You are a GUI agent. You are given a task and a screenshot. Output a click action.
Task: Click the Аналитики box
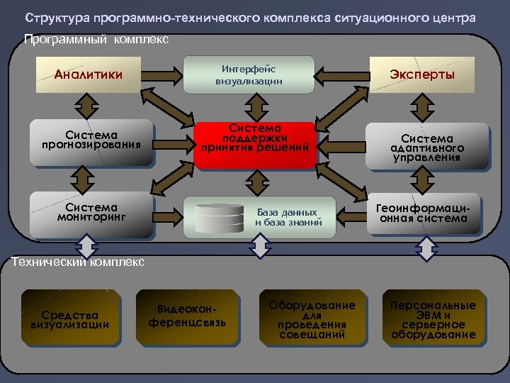coord(88,74)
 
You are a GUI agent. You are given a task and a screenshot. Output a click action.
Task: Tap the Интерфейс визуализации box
coord(249,74)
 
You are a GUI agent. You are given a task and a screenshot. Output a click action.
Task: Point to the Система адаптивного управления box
coord(427,146)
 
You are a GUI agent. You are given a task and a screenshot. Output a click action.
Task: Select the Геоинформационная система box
coord(423,213)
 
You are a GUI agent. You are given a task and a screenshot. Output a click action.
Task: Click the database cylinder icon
coord(220,217)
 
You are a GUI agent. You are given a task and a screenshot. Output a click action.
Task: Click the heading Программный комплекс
coord(96,40)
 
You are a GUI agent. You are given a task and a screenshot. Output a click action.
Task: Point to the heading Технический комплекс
coord(79,262)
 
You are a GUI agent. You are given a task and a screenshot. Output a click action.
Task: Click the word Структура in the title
coord(53,17)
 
